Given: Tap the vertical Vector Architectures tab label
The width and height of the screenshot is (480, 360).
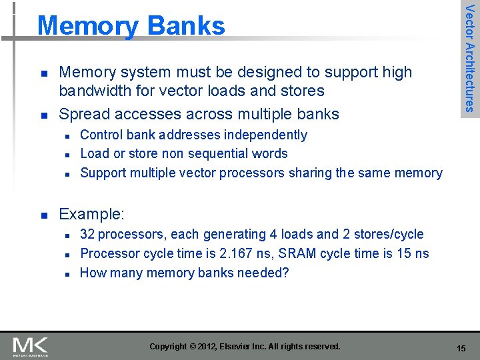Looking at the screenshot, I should [470, 58].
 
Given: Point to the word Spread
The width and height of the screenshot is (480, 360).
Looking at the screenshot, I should [83, 114].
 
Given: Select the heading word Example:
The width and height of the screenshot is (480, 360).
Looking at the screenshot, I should [91, 214].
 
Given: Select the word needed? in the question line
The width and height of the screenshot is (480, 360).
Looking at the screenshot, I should [265, 273].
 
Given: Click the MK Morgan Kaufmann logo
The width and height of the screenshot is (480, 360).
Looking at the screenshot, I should [31, 347].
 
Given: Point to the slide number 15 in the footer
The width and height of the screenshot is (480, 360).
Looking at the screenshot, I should [461, 348].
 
